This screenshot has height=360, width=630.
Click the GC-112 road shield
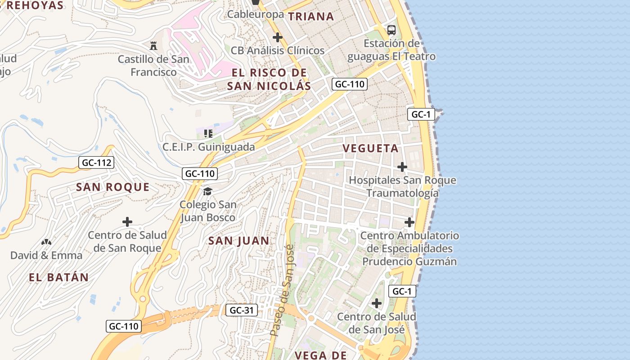[96, 163]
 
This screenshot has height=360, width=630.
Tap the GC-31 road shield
[242, 310]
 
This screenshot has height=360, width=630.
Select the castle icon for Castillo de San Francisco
[153, 45]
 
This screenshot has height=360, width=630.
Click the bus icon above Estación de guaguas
[391, 30]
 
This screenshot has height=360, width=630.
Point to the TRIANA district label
[311, 17]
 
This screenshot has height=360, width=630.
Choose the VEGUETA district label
[370, 148]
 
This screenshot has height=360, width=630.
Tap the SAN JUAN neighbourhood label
[238, 241]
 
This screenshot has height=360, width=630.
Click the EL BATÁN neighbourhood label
[58, 277]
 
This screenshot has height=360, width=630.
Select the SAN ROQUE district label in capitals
[112, 187]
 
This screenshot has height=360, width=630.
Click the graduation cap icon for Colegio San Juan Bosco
[207, 191]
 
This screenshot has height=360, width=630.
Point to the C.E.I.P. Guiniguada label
[208, 147]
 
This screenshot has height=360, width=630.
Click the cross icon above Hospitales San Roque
[402, 167]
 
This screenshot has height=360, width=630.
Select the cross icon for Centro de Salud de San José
[377, 303]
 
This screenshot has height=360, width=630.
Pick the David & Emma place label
[46, 256]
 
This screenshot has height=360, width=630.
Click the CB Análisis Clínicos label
[277, 50]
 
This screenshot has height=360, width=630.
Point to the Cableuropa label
[255, 14]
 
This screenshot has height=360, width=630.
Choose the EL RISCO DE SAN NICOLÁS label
[269, 79]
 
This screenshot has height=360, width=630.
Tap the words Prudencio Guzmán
[409, 261]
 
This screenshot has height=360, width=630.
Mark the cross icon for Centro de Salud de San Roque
[127, 222]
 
